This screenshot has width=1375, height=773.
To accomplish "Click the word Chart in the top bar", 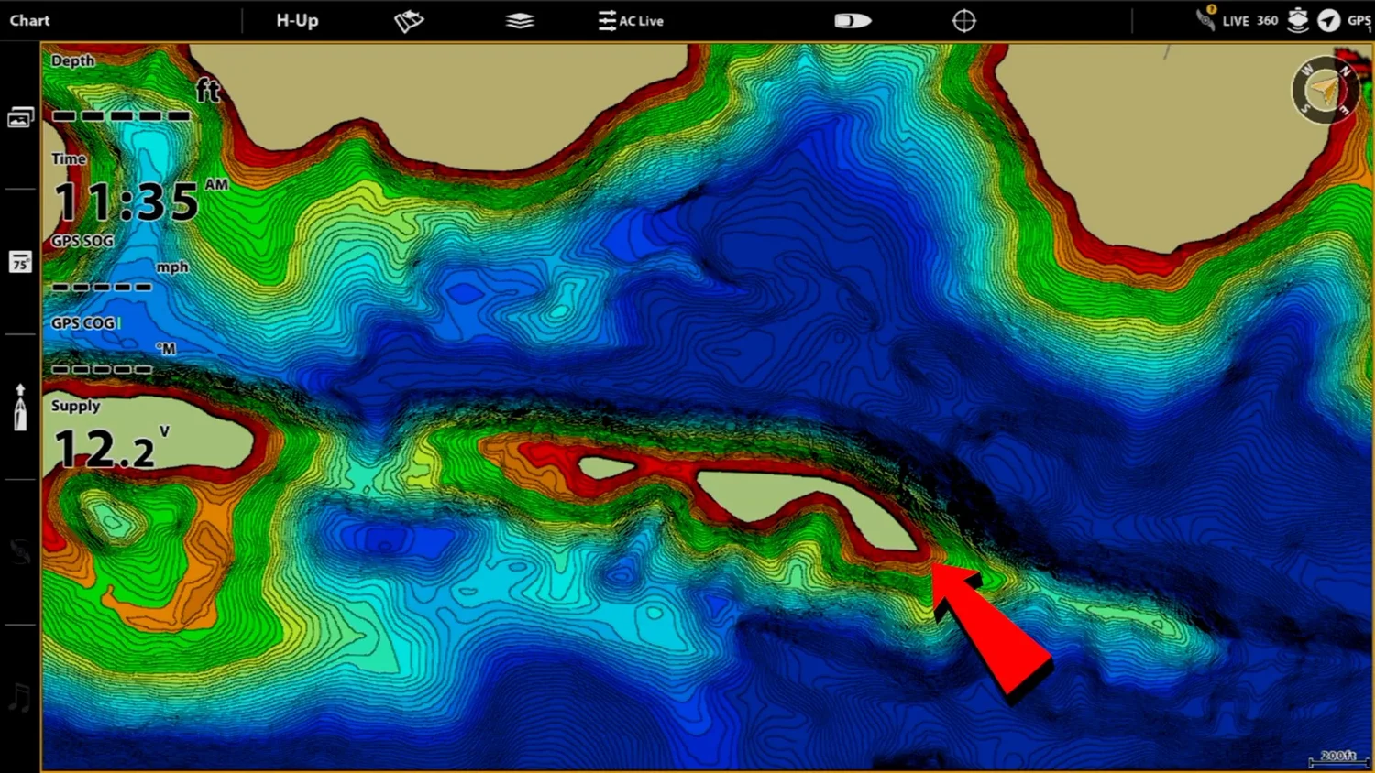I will point(29,20).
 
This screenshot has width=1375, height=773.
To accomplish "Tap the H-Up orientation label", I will point(297,20).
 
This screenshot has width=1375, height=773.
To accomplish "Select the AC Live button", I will point(631,21).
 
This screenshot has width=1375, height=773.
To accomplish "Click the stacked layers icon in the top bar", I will point(520,21).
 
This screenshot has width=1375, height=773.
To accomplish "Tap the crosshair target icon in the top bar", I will point(963,21).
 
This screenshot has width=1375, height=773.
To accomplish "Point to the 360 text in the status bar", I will point(1267,20).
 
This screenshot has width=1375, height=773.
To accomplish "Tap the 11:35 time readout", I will point(126,201).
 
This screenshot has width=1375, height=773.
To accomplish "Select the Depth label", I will point(72,60).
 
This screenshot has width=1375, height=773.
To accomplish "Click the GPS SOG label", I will point(82,241).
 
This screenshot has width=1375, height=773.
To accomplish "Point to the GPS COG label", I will point(83,323).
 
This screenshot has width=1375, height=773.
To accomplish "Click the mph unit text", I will point(172,267).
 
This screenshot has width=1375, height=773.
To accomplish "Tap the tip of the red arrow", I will point(934,566).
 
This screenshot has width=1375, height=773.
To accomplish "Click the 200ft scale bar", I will point(1337,758).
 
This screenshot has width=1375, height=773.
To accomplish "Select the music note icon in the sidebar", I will point(19,698).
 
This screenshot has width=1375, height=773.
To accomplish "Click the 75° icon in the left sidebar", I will point(20,263).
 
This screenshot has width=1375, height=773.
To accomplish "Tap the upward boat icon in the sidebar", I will point(20,408).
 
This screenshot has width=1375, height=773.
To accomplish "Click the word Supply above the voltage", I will point(75,406).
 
